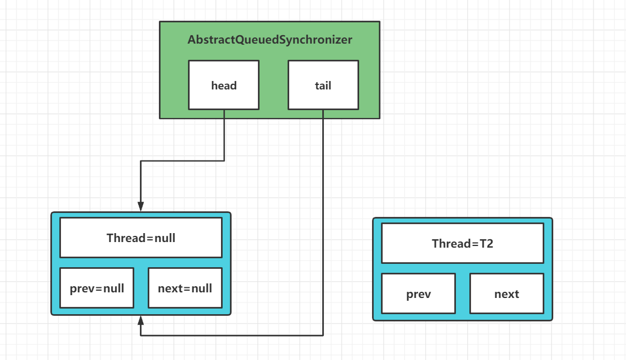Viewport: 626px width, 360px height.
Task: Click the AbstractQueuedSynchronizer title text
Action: [x=270, y=40]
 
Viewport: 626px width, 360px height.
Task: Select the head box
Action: [x=224, y=85]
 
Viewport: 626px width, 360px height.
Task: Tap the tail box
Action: [x=323, y=85]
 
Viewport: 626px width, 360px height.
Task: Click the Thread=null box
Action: [x=141, y=238]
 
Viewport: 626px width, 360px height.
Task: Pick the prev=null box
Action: [x=97, y=288]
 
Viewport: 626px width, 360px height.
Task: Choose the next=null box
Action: [x=185, y=288]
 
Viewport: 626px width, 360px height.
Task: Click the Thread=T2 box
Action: [x=463, y=243]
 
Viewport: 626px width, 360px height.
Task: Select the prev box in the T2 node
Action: [x=418, y=293]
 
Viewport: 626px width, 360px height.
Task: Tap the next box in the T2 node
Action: [x=507, y=293]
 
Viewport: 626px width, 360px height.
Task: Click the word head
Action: [x=224, y=86]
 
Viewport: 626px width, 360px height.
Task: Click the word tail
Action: [x=323, y=86]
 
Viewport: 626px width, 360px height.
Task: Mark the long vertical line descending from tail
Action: [x=323, y=222]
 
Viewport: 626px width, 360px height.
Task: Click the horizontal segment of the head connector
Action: [x=182, y=161]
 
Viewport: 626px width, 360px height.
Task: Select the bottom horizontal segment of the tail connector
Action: [x=232, y=335]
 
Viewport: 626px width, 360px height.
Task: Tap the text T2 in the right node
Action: [x=486, y=244]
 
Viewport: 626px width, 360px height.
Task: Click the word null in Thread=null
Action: [x=165, y=238]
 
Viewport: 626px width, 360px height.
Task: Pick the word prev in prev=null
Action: [x=82, y=288]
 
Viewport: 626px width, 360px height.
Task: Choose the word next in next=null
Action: [x=171, y=288]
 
